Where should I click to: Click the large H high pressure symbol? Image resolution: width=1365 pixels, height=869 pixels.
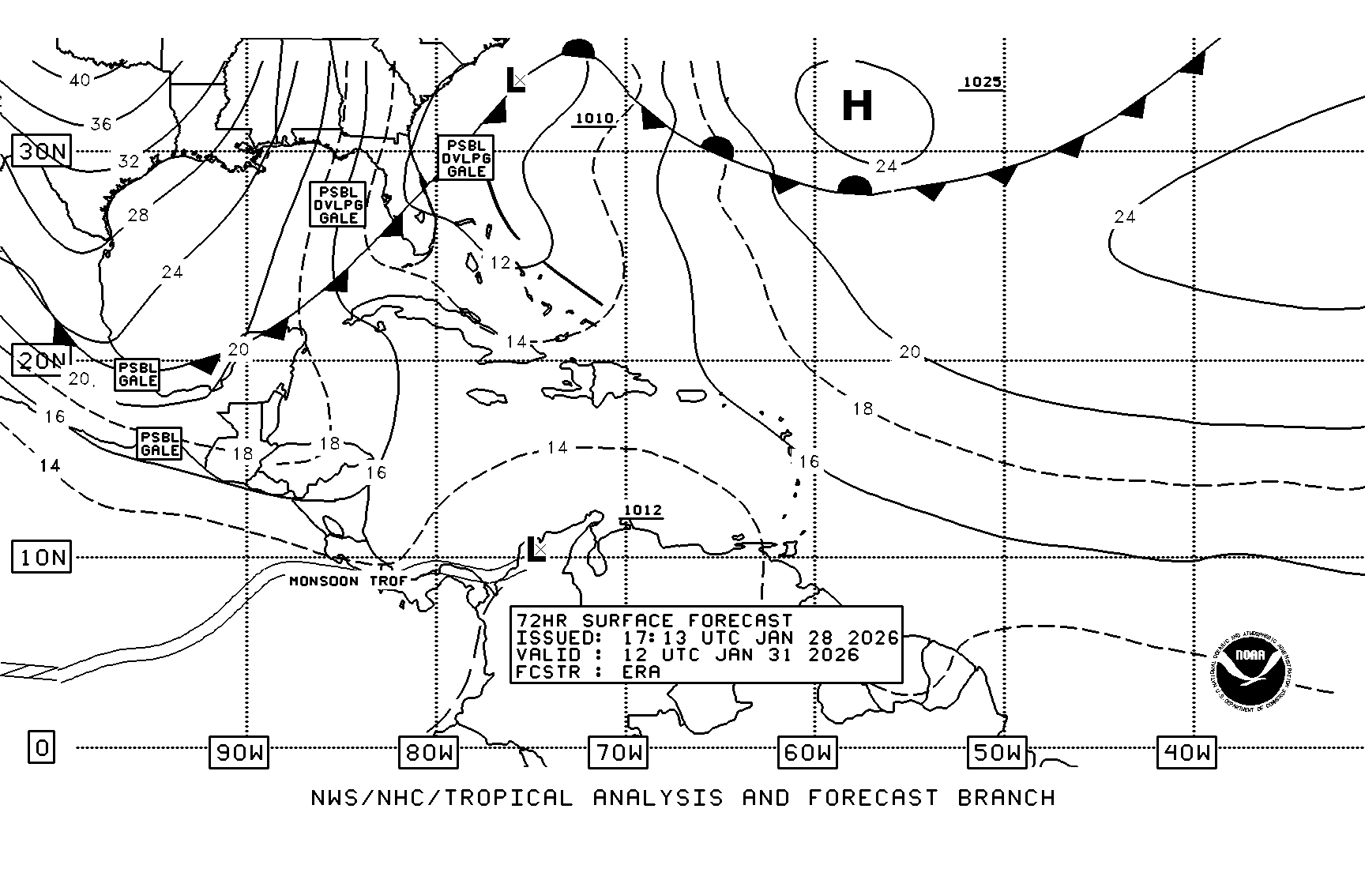tap(857, 105)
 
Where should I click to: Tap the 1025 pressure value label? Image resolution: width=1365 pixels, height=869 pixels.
tap(982, 82)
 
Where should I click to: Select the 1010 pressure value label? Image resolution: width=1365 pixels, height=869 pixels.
tap(594, 119)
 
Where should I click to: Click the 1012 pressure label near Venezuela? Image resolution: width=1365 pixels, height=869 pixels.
tap(642, 510)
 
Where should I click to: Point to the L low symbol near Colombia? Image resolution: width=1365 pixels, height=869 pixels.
tap(536, 550)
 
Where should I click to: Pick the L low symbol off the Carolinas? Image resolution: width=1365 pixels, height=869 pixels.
tap(515, 81)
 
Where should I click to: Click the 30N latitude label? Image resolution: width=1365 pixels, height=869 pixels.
tap(42, 151)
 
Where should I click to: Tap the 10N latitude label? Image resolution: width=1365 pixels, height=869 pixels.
tap(42, 558)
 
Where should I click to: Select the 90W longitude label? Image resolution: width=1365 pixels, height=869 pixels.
tap(239, 753)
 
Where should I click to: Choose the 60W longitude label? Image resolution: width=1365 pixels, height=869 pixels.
tap(807, 753)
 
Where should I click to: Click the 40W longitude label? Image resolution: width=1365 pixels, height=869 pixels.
tap(1186, 753)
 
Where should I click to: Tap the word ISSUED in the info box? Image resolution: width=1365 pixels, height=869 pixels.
tap(554, 638)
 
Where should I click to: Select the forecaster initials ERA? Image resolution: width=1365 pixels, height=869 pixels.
tap(641, 672)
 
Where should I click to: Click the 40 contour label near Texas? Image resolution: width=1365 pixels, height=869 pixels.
tap(79, 80)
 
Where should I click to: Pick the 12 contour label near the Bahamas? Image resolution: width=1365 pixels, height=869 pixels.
tap(500, 262)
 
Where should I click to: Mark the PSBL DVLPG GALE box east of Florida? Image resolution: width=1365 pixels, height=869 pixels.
tap(466, 158)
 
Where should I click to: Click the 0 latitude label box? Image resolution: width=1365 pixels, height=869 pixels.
tap(42, 747)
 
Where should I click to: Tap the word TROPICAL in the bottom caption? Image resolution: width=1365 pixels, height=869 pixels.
tap(508, 798)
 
